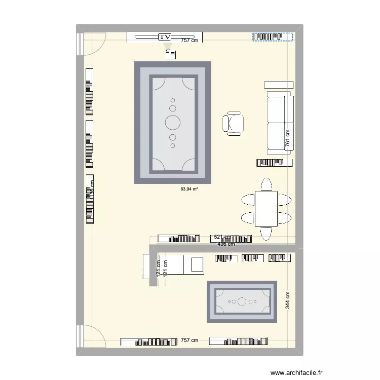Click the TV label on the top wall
tap(165, 37)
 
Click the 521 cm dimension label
tap(221, 237)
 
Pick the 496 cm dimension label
tap(226, 244)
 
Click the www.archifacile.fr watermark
tap(296, 371)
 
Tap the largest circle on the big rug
tap(173, 122)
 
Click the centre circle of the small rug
tap(242, 301)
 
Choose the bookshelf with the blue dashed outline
tap(273, 36)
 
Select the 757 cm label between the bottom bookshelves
tap(189, 341)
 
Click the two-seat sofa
tap(280, 123)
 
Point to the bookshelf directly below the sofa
tap(275, 162)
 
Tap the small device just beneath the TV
tap(169, 53)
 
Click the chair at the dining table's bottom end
tap(266, 233)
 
